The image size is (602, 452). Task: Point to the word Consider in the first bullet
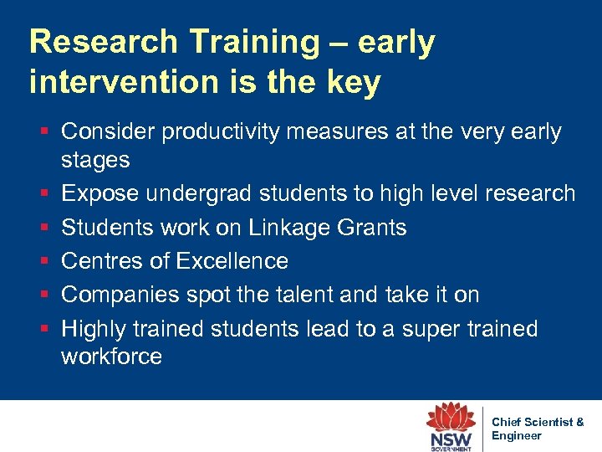(x=108, y=131)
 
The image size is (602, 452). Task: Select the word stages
(x=95, y=160)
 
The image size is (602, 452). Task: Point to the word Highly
(x=94, y=329)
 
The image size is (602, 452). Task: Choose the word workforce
(x=111, y=357)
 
